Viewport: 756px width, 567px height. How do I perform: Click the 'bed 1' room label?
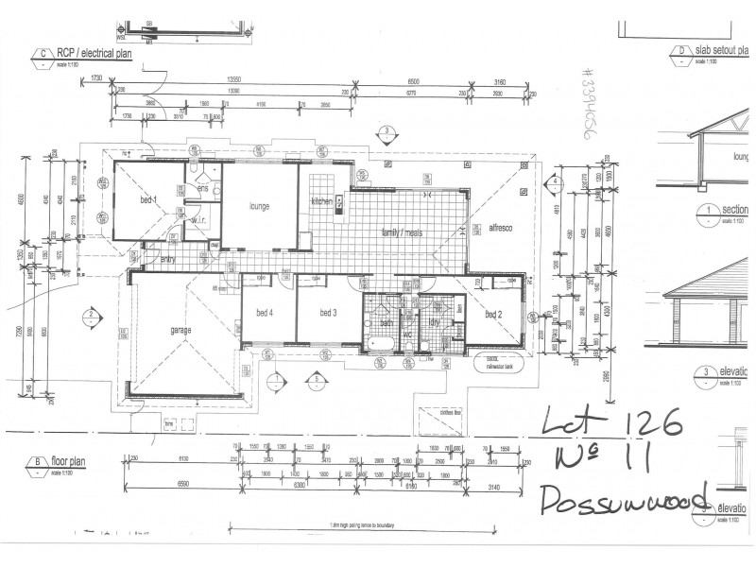coord(148,200)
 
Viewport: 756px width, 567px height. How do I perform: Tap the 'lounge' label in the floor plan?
coord(261,205)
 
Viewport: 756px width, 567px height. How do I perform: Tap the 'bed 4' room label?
coord(264,313)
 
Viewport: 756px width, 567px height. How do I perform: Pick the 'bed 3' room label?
coord(329,313)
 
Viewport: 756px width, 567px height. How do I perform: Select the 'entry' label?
coord(167,258)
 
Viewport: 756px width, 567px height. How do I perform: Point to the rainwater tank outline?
coord(498,365)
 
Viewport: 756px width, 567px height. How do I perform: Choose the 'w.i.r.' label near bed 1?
coord(198,221)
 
